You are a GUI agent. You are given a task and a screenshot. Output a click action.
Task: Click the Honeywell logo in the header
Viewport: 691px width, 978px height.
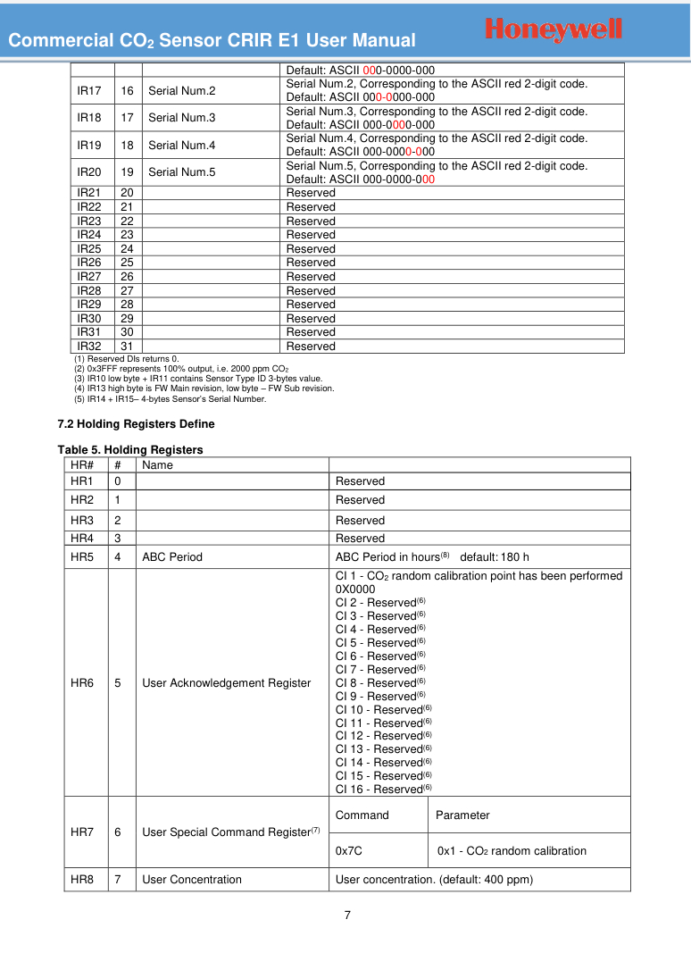click(554, 29)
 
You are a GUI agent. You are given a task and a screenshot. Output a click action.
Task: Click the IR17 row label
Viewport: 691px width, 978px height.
click(88, 91)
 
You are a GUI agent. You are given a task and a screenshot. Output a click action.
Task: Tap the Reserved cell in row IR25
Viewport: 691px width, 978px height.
click(311, 248)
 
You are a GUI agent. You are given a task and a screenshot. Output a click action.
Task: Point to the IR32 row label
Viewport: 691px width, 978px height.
click(88, 347)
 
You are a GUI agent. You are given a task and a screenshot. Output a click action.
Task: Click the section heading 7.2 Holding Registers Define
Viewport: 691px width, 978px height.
click(136, 423)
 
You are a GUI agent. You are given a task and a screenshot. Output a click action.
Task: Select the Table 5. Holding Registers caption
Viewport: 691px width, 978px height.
click(130, 449)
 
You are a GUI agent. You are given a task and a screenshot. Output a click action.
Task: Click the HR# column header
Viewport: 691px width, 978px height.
click(82, 465)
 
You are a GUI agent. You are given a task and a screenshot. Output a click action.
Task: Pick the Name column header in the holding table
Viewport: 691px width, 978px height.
click(158, 465)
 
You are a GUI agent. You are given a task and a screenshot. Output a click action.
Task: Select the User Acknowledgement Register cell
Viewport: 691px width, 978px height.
click(227, 683)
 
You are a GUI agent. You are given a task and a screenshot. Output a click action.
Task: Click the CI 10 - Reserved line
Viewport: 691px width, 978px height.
click(383, 709)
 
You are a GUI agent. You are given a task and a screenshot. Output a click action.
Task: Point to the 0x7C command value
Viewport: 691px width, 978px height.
click(348, 851)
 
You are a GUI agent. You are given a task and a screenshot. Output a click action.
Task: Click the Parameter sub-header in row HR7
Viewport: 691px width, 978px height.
click(462, 815)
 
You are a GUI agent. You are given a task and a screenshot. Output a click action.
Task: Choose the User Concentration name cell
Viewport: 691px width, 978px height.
click(192, 880)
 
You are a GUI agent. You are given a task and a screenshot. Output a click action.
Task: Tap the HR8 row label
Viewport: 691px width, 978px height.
click(82, 880)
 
